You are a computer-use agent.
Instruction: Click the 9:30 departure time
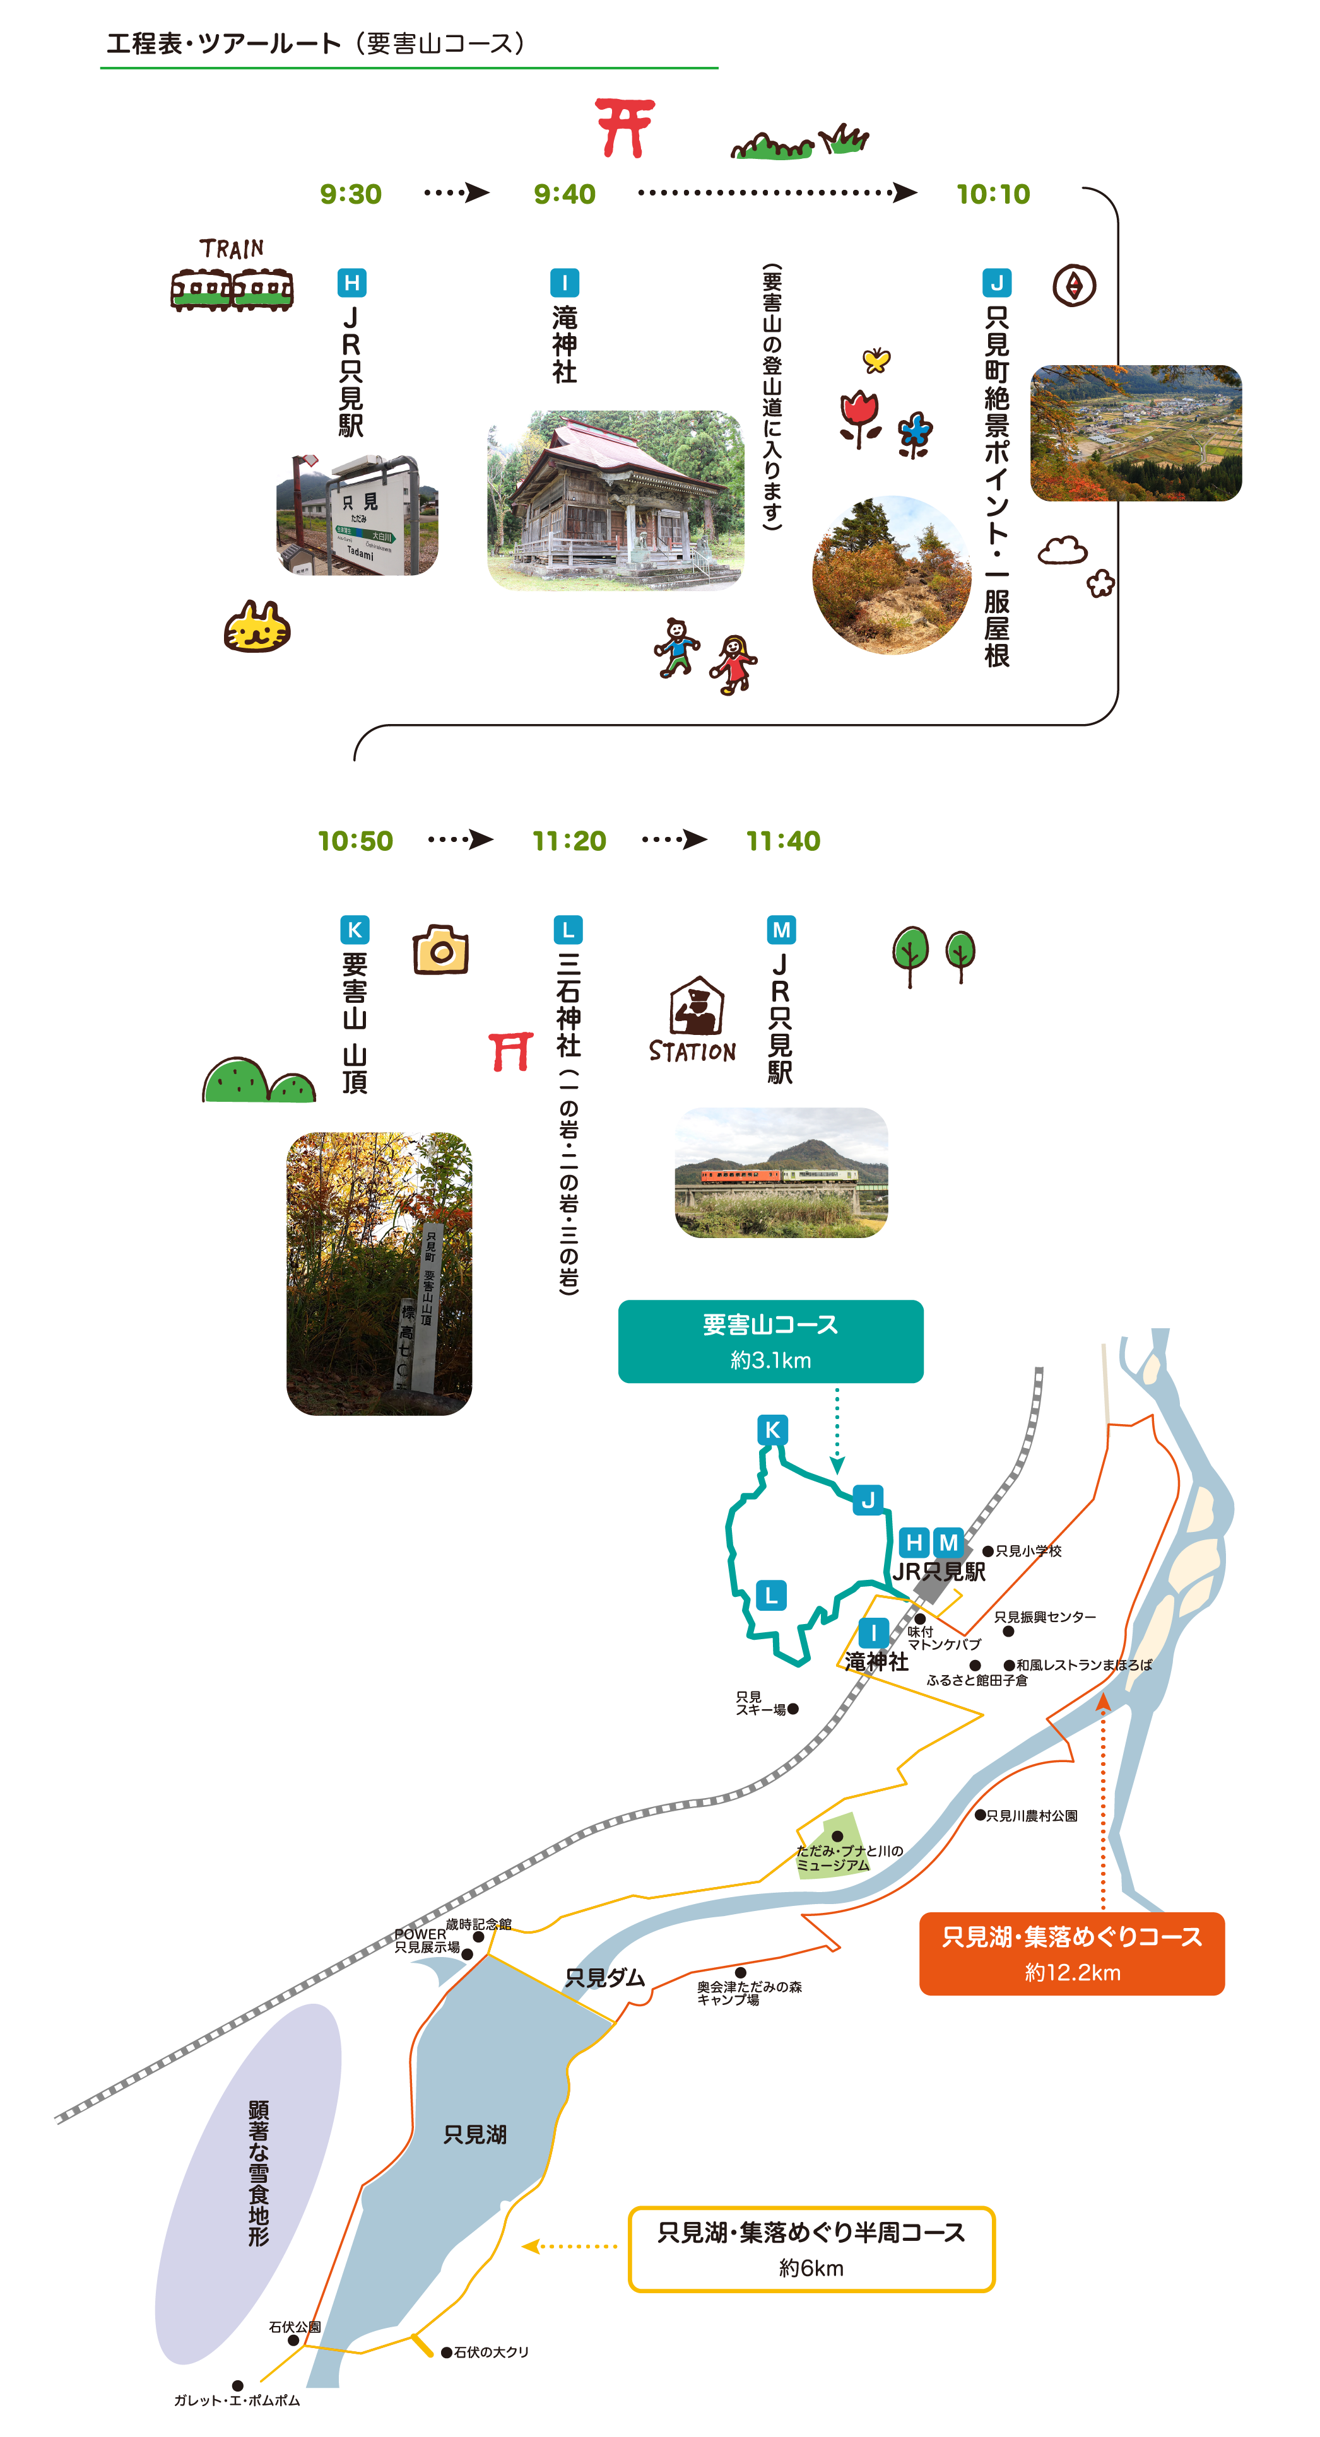pyautogui.click(x=350, y=194)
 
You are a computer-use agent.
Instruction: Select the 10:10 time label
pyautogui.click(x=993, y=194)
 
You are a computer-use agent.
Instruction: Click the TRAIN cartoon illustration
pyautogui.click(x=232, y=276)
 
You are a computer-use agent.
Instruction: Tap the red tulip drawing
pyautogui.click(x=859, y=416)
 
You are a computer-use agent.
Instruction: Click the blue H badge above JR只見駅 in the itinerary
pyautogui.click(x=351, y=283)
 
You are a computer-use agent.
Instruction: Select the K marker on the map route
pyautogui.click(x=772, y=1429)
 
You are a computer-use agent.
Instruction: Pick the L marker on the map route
pyautogui.click(x=771, y=1595)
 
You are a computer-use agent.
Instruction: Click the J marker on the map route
pyautogui.click(x=868, y=1500)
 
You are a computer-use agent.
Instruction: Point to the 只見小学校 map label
pyautogui.click(x=1027, y=1552)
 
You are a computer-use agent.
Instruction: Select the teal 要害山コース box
pyautogui.click(x=770, y=1341)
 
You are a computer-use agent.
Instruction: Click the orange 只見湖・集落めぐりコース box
pyautogui.click(x=1071, y=1954)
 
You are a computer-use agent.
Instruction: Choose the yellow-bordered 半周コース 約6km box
pyautogui.click(x=811, y=2249)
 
